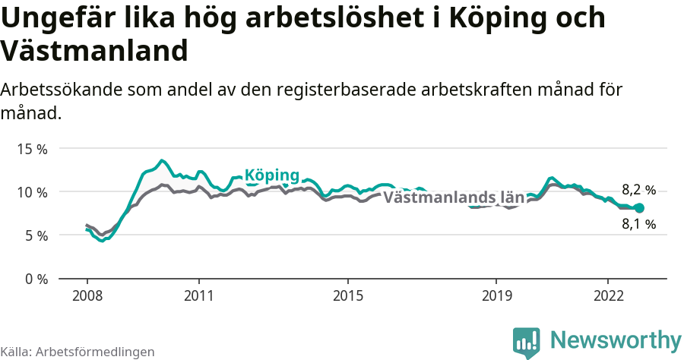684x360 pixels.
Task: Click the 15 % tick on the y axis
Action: click(x=33, y=149)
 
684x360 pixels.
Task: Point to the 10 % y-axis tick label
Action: click(x=33, y=192)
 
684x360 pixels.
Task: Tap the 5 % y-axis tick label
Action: click(x=36, y=235)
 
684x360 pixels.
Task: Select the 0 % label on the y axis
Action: click(x=36, y=279)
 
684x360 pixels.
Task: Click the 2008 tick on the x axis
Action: click(x=87, y=295)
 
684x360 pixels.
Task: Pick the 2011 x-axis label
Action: click(x=198, y=295)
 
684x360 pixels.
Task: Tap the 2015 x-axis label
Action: click(x=347, y=295)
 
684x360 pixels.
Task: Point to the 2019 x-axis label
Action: click(x=496, y=295)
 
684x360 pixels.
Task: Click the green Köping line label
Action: click(x=271, y=174)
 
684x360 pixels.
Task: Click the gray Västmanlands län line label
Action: click(x=454, y=197)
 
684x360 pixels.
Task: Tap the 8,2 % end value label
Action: click(x=638, y=190)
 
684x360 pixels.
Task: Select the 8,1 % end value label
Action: click(x=638, y=224)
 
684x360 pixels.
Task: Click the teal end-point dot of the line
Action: click(x=639, y=208)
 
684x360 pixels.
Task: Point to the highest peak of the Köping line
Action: click(x=162, y=160)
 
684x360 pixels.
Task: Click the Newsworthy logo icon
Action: click(x=527, y=342)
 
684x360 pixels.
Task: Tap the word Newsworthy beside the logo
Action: click(x=616, y=339)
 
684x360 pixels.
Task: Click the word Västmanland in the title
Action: click(x=94, y=51)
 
